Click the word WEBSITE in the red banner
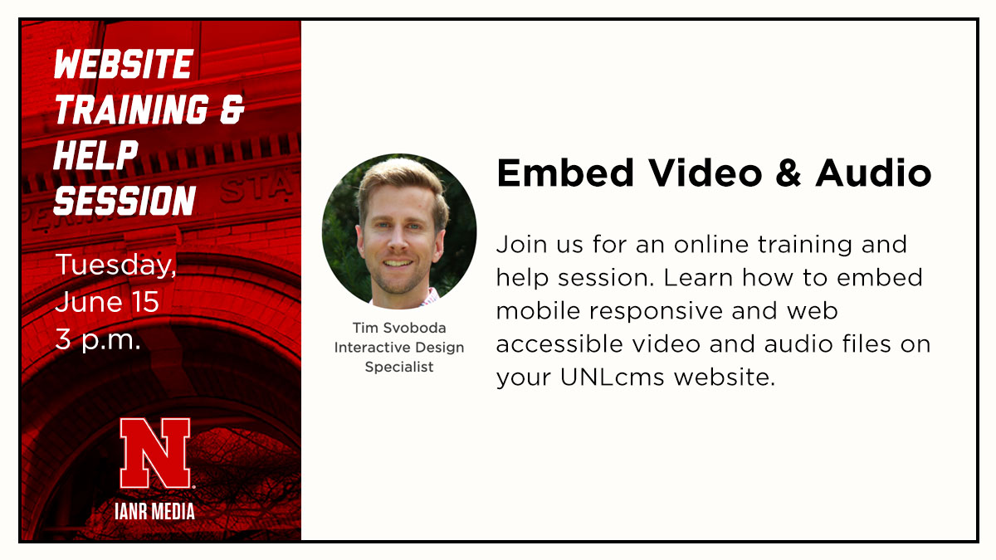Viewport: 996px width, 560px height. (x=123, y=65)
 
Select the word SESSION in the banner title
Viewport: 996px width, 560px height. (x=124, y=200)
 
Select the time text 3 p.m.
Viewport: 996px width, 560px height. (x=98, y=338)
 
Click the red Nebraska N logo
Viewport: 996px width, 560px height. (x=154, y=453)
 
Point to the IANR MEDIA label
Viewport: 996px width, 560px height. (x=154, y=511)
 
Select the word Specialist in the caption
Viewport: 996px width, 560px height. (x=399, y=367)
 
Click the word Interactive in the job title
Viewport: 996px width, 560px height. (x=370, y=348)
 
